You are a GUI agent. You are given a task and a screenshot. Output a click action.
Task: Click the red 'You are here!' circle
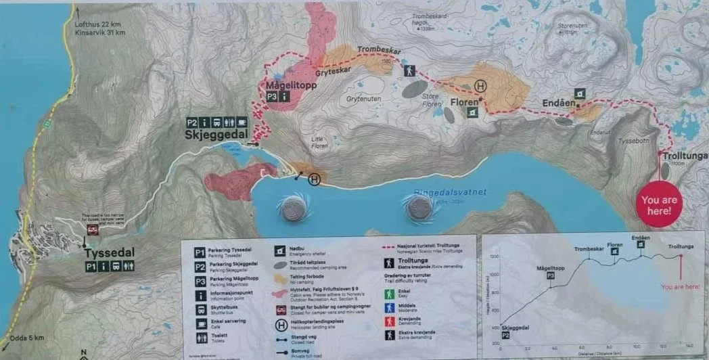click(x=659, y=205)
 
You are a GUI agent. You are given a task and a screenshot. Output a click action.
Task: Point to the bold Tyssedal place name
click(x=110, y=252)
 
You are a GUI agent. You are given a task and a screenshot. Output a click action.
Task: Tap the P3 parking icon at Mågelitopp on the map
click(x=272, y=97)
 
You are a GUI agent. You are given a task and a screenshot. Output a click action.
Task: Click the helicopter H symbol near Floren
click(x=480, y=86)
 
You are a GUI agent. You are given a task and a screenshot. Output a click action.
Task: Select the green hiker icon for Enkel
click(x=390, y=294)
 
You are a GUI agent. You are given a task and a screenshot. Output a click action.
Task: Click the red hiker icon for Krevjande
click(x=390, y=321)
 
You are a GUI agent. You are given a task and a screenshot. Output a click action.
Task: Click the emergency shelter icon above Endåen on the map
click(x=580, y=93)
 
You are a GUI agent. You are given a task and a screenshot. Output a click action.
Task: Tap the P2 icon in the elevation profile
click(x=505, y=335)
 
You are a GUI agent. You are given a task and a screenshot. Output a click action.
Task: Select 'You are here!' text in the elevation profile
click(x=681, y=287)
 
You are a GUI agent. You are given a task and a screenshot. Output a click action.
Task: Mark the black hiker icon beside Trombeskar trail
click(x=409, y=70)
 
